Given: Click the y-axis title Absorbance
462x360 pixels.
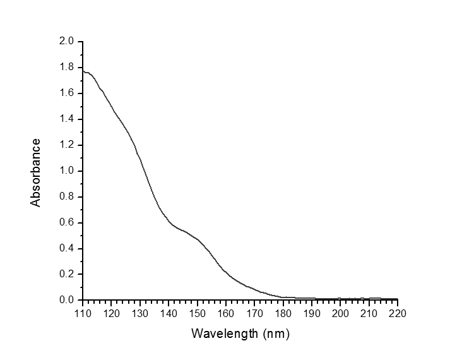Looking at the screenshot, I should [36, 172].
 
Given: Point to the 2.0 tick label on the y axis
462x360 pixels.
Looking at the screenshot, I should [67, 42].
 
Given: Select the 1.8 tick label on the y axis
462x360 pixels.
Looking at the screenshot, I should [67, 68].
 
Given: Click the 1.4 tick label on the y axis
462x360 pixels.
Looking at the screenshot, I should [67, 119].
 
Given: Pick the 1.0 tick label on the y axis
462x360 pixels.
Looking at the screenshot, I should [67, 171].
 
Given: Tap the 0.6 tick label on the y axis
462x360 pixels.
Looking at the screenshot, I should [67, 223].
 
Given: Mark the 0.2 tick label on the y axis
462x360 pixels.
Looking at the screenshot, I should [67, 274].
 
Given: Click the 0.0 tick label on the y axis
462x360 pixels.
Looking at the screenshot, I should [67, 300].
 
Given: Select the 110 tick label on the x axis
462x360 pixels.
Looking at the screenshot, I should [83, 312].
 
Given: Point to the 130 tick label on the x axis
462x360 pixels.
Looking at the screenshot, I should [139, 312].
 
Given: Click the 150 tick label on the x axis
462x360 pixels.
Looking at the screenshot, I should [197, 312].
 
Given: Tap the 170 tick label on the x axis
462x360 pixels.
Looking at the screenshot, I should [254, 312].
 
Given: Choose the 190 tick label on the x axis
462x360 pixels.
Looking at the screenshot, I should [312, 312].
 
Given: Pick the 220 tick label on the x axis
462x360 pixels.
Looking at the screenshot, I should [398, 312].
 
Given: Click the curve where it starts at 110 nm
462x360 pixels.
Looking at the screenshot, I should [83, 71].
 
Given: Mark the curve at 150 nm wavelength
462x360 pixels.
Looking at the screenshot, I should [197, 239].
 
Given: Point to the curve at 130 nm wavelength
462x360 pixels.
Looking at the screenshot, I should [139, 157].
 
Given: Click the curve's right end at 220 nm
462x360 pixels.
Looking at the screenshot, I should [397, 299].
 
